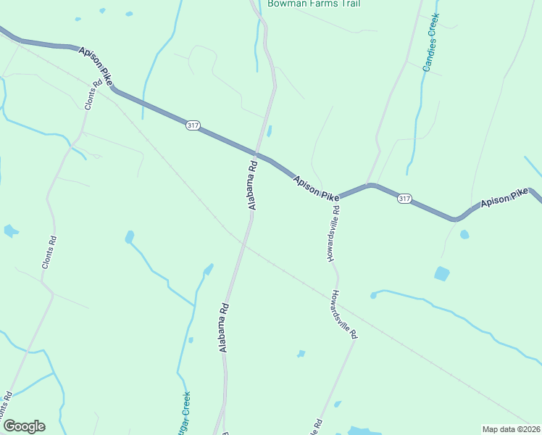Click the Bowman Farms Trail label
coord(313,4)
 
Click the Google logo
coord(24,426)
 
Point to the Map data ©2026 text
coord(511,428)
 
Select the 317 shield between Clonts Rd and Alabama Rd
coord(192,125)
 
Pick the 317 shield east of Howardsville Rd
coord(404,199)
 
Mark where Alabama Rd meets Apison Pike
coord(257,155)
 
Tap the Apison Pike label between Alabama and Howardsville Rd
coord(316,188)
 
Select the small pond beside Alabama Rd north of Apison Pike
coord(270,131)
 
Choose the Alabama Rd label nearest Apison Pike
coord(252,186)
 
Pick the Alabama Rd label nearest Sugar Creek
coord(224,328)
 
